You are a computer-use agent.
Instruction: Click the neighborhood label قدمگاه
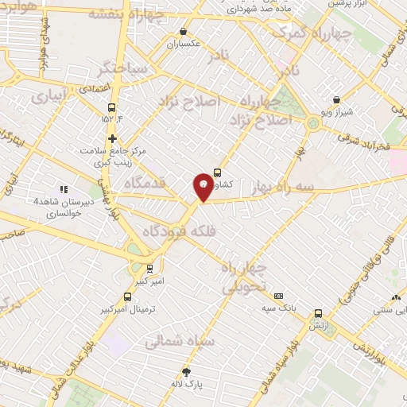pyautogui.click(x=144, y=183)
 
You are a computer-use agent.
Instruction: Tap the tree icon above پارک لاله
pyautogui.click(x=187, y=371)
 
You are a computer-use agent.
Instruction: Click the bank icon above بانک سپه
pyautogui.click(x=278, y=296)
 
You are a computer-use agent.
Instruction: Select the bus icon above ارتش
pyautogui.click(x=319, y=313)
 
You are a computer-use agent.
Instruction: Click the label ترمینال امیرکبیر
pyautogui.click(x=131, y=308)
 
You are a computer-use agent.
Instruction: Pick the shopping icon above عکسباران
pyautogui.click(x=184, y=32)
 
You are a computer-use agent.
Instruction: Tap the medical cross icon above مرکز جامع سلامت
pyautogui.click(x=112, y=138)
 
